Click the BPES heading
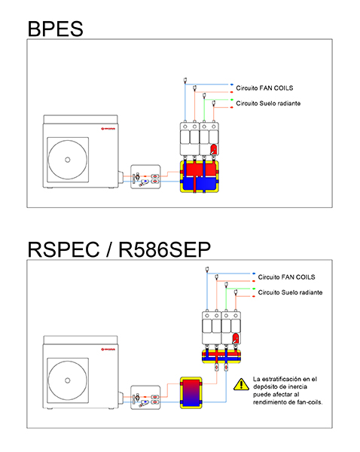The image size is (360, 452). pyautogui.click(x=55, y=29)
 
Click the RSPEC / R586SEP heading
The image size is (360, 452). pyautogui.click(x=119, y=249)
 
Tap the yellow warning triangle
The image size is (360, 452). pyautogui.click(x=241, y=384)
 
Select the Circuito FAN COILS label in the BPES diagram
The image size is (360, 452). pyautogui.click(x=264, y=88)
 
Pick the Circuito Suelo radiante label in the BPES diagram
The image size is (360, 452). pyautogui.click(x=268, y=103)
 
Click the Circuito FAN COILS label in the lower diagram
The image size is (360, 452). pyautogui.click(x=286, y=277)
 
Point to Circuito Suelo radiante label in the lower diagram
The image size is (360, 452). pyautogui.click(x=290, y=292)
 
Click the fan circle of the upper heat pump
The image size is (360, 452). pyautogui.click(x=68, y=160)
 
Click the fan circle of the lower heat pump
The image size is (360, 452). pyautogui.click(x=68, y=380)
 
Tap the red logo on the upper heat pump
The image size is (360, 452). pyautogui.click(x=108, y=129)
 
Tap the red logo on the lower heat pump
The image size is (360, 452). pyautogui.click(x=108, y=350)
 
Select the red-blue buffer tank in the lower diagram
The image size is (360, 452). pyautogui.click(x=191, y=392)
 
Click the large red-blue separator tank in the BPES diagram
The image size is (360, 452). pyautogui.click(x=199, y=176)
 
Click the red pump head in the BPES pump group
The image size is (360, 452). pyautogui.click(x=214, y=150)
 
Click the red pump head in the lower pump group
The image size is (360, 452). pyautogui.click(x=236, y=338)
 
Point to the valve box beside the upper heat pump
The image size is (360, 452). pyautogui.click(x=145, y=177)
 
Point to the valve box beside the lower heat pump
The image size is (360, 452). pyautogui.click(x=145, y=398)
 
